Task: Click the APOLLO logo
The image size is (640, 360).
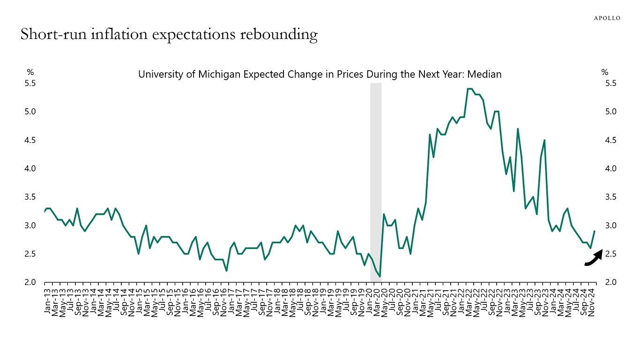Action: point(607,18)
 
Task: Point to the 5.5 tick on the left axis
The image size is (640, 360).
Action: point(31,83)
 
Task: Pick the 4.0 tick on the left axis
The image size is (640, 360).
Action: point(31,168)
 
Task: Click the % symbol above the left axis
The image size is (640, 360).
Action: point(30,72)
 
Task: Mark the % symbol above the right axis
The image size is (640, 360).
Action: point(605,72)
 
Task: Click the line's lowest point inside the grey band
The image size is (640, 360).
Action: point(380,277)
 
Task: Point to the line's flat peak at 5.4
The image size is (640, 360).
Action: point(470,89)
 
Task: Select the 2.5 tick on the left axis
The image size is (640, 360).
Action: point(31,254)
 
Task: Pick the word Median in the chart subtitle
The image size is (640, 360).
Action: point(486,74)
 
